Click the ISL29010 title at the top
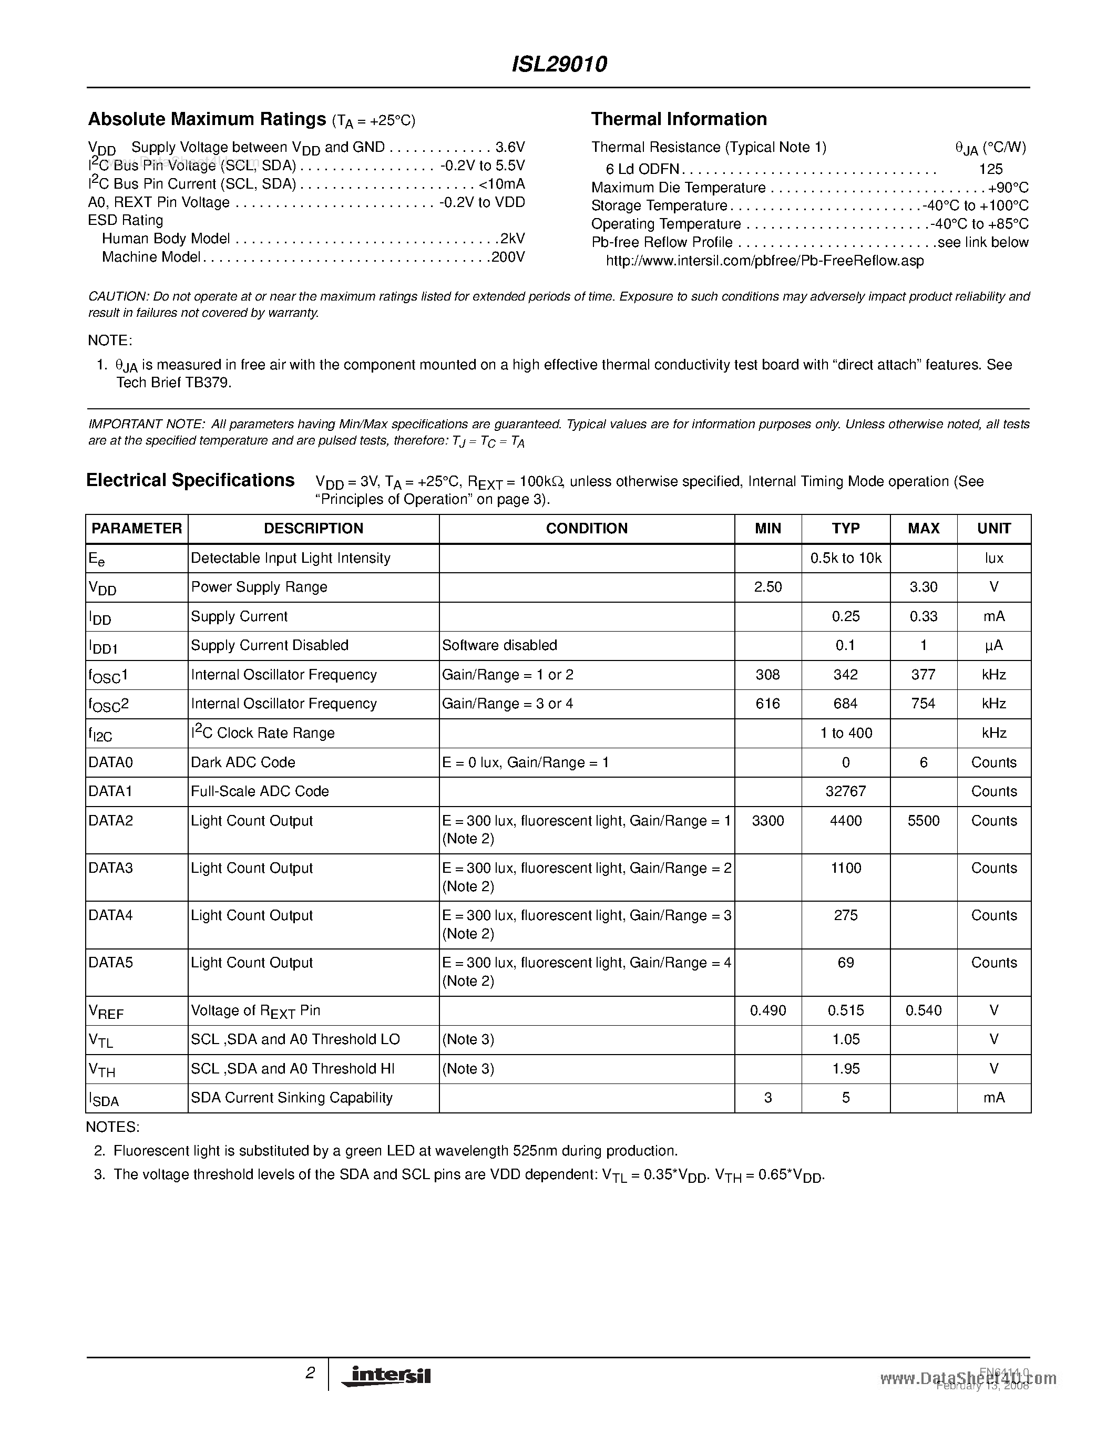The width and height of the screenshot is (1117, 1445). coord(559,64)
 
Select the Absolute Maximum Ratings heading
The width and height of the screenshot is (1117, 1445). coord(207,119)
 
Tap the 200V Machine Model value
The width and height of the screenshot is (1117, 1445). coord(508,257)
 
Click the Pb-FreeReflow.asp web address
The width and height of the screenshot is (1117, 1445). coord(764,261)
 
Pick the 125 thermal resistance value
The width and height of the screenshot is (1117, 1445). coord(991,169)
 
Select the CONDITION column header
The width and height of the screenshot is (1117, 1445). coord(586,528)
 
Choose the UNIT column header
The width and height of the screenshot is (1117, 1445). coord(993,528)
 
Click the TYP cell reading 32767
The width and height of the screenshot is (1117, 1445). coord(846,791)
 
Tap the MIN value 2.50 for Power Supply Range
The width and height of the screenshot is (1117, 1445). coord(767,587)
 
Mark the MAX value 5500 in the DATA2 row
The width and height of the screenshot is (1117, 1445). coord(923,820)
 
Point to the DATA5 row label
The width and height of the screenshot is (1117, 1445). coord(110,963)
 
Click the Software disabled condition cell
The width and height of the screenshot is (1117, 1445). coord(499,645)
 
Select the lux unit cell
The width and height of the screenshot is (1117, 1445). coord(993,558)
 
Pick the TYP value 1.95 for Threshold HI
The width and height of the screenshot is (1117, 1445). coord(846,1069)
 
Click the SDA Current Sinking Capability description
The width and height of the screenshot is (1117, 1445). coord(292,1098)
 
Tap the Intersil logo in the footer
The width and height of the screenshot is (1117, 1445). coord(386,1376)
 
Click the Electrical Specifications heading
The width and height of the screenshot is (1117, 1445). coord(191,480)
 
